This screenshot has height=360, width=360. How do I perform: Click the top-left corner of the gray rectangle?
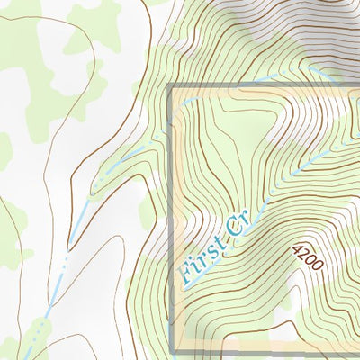pyautogui.click(x=170, y=86)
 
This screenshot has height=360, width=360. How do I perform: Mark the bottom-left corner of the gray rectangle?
pyautogui.click(x=170, y=350)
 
